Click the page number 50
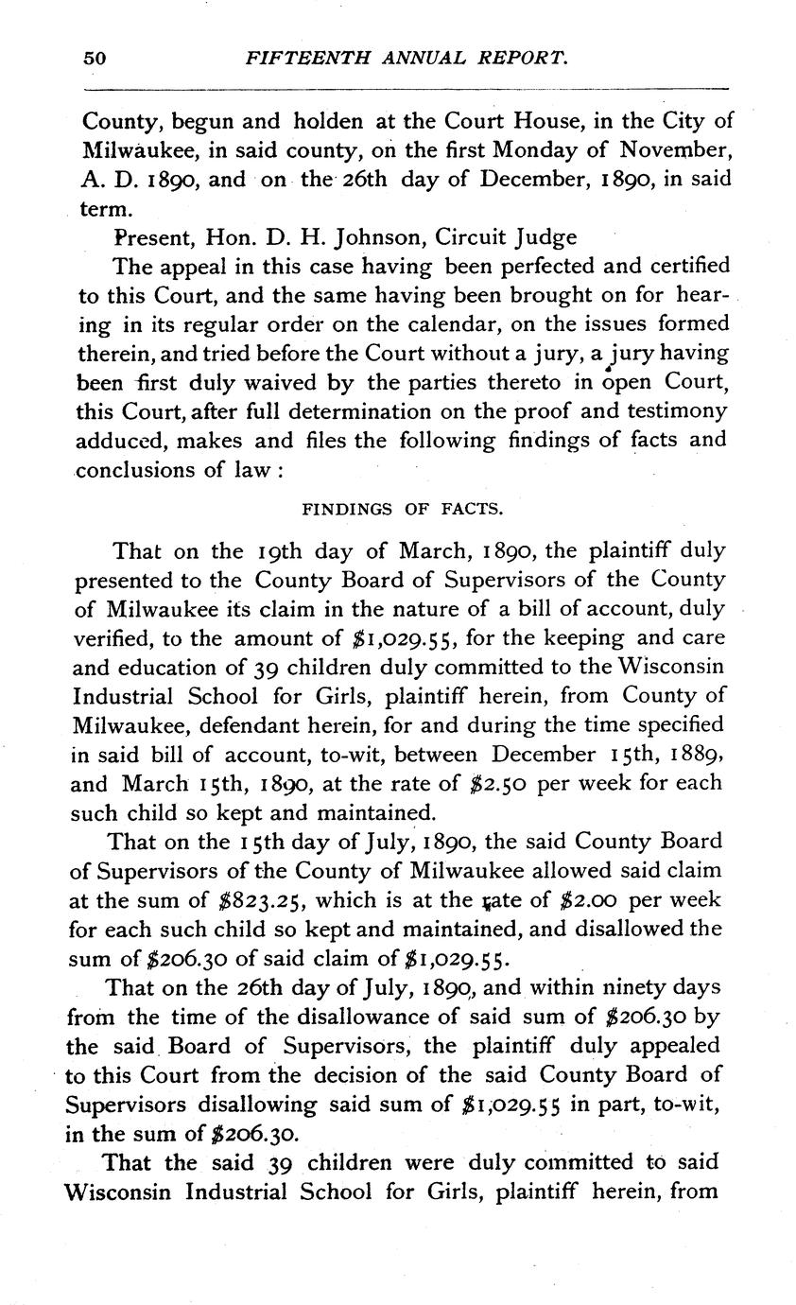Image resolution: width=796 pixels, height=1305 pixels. click(95, 58)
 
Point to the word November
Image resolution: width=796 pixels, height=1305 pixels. click(675, 150)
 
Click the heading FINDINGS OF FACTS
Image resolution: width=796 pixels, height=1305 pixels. click(402, 510)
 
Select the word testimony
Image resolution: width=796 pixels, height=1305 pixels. click(677, 410)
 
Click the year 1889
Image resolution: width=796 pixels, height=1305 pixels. click(697, 755)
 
